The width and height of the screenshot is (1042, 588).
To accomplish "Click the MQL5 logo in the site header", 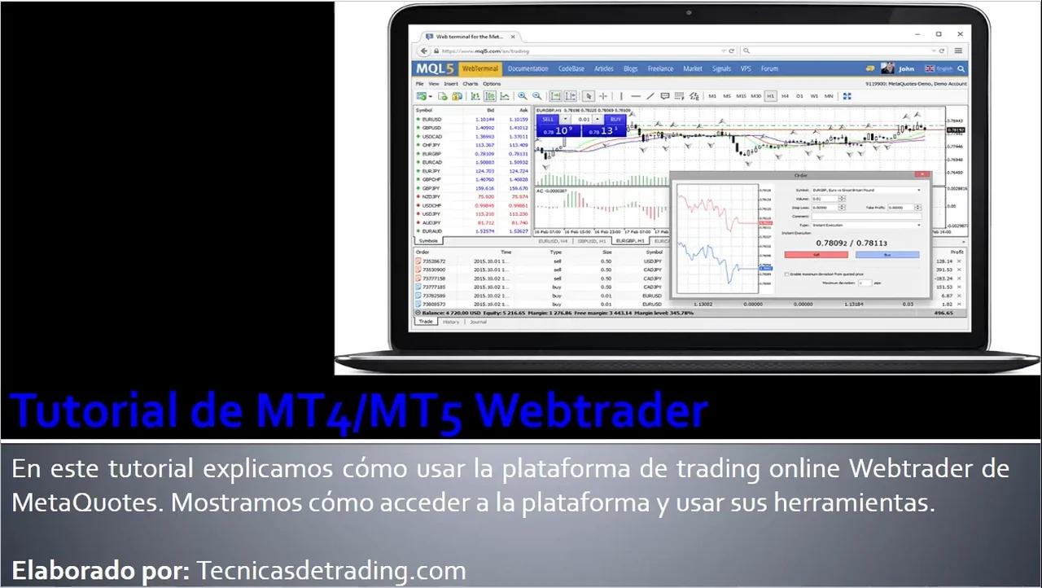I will pos(436,69).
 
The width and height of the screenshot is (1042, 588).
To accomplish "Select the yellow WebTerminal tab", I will pos(481,69).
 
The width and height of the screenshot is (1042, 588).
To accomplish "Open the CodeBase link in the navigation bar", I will pos(571,69).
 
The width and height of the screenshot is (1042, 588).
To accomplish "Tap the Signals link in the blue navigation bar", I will pos(721,69).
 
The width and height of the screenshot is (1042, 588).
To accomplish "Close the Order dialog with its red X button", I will pos(922,174).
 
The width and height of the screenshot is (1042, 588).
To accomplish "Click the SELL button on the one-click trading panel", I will pos(548,119).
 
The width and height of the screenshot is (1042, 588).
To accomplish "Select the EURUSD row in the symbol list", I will pos(431,120).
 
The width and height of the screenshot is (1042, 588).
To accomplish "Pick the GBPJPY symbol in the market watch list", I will pos(431,188).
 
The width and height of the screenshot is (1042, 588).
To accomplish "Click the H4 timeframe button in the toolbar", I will pos(785,96).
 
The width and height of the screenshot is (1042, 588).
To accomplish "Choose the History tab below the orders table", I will pos(451,322).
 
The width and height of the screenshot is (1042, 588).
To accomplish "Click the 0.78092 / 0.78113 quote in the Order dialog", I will pos(852,243).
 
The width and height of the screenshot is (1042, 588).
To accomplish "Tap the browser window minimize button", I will pos(917,34).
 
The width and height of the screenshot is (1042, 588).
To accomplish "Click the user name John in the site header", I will pos(906,69).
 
